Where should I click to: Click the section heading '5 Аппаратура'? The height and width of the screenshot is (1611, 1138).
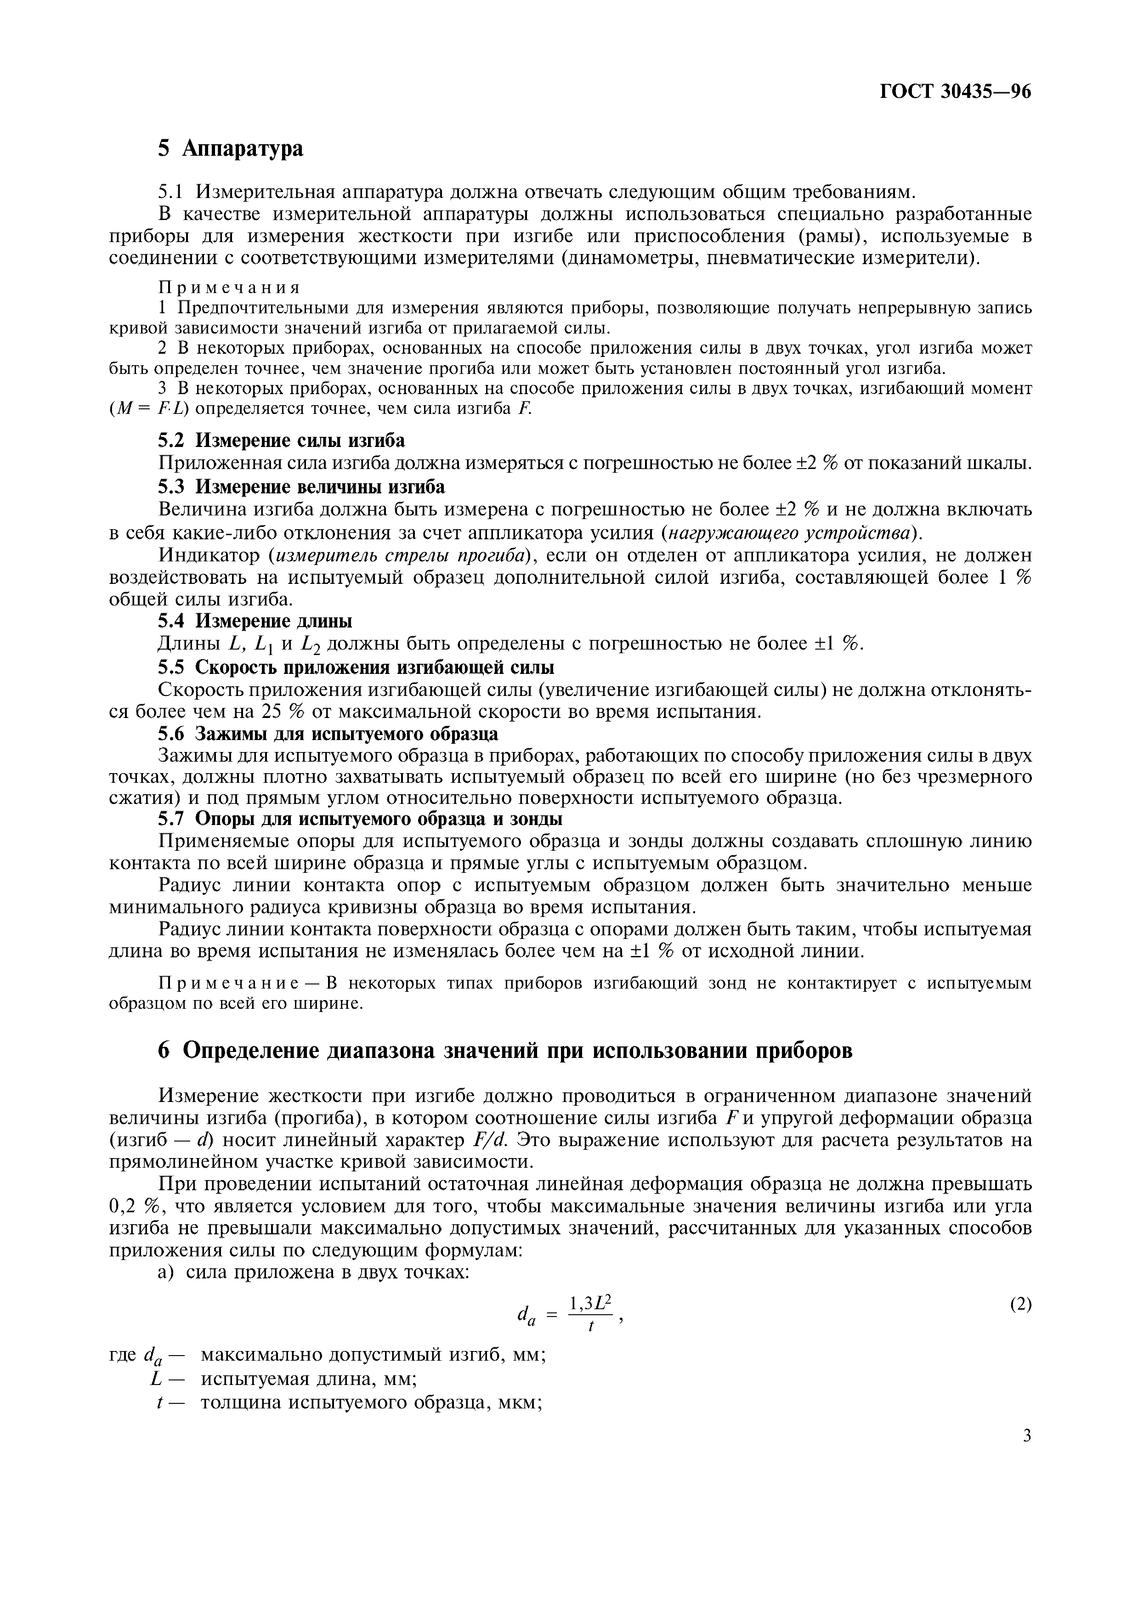point(231,148)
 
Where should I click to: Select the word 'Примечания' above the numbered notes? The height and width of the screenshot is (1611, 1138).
point(229,288)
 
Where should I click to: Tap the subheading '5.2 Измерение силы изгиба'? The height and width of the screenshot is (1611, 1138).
point(281,440)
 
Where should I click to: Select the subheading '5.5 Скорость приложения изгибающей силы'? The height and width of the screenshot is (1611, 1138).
point(356,667)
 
